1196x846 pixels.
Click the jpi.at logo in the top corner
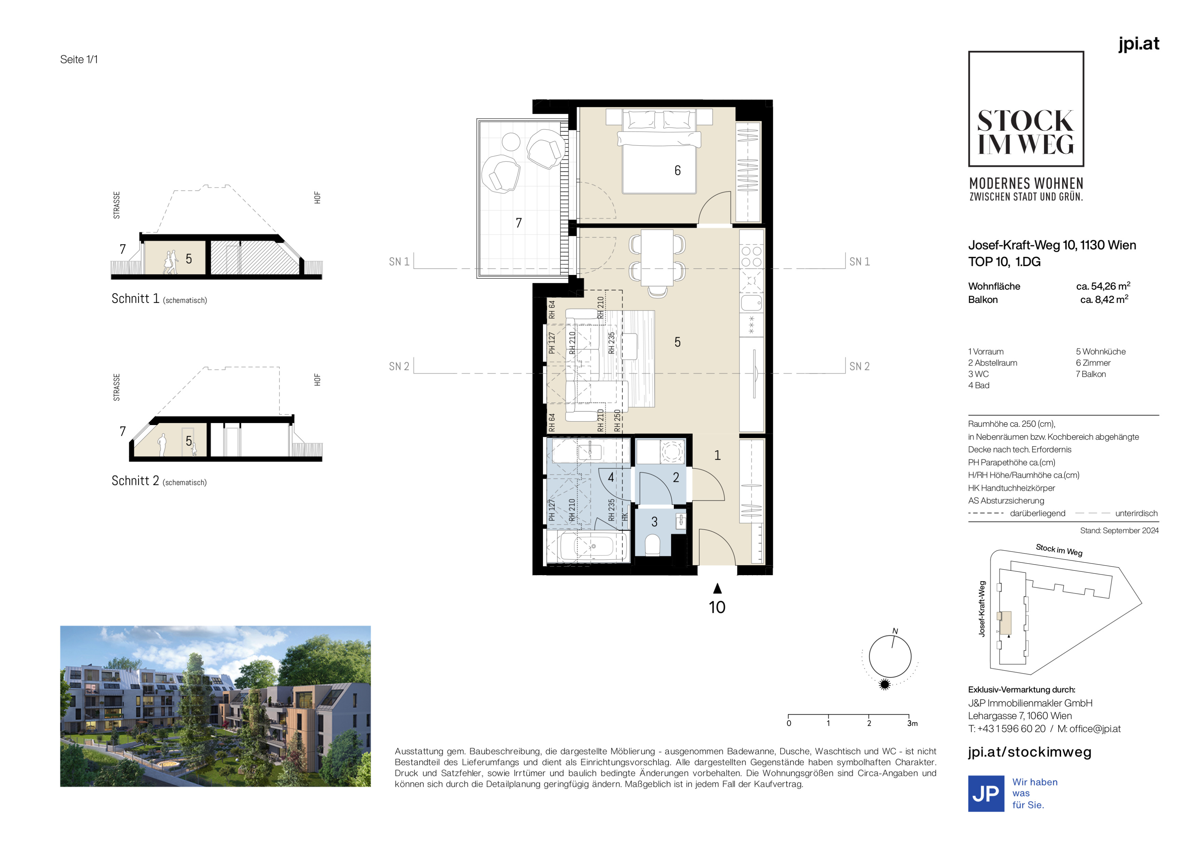point(1139,44)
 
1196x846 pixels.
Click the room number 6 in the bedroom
point(677,170)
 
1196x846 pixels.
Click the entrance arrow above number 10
point(717,589)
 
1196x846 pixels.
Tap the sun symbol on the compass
point(884,684)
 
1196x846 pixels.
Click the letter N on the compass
point(895,631)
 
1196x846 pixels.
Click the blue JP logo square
point(986,793)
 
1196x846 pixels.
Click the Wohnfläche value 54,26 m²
point(1103,286)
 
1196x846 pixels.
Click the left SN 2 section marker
point(399,367)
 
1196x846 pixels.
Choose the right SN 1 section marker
point(859,262)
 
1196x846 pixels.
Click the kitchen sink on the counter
point(751,302)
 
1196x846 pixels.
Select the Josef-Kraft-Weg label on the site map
point(982,609)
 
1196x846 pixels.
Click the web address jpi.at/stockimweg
point(1029,752)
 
